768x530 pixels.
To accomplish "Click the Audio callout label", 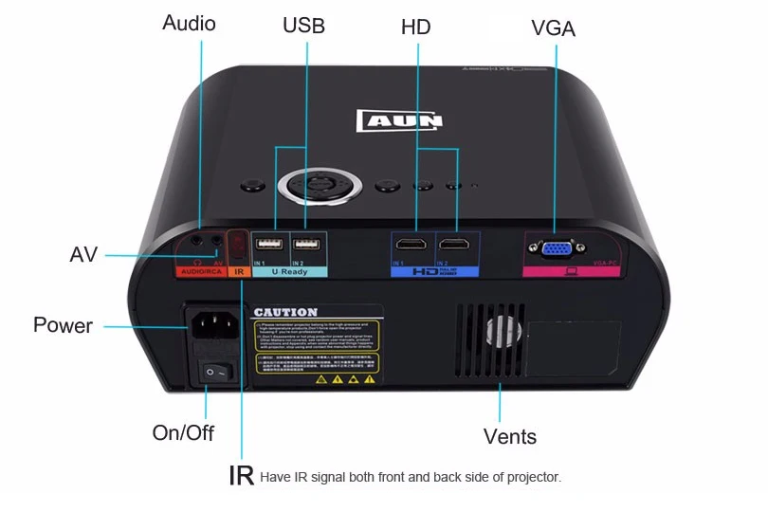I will coord(189,23).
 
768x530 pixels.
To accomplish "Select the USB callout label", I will coord(303,26).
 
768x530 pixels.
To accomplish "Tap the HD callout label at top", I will coord(415,27).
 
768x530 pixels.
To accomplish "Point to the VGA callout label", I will coord(554,28).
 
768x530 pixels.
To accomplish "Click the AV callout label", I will coord(83,254).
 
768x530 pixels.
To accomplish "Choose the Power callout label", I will coord(63,325).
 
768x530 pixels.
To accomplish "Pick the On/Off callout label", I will coord(183,433).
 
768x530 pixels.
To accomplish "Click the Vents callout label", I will coord(510,437).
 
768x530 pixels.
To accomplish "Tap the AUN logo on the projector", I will coord(399,120).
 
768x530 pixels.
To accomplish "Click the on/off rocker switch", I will coord(215,373).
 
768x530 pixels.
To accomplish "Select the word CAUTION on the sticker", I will coord(285,312).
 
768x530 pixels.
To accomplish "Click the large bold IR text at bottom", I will coord(241,475).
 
